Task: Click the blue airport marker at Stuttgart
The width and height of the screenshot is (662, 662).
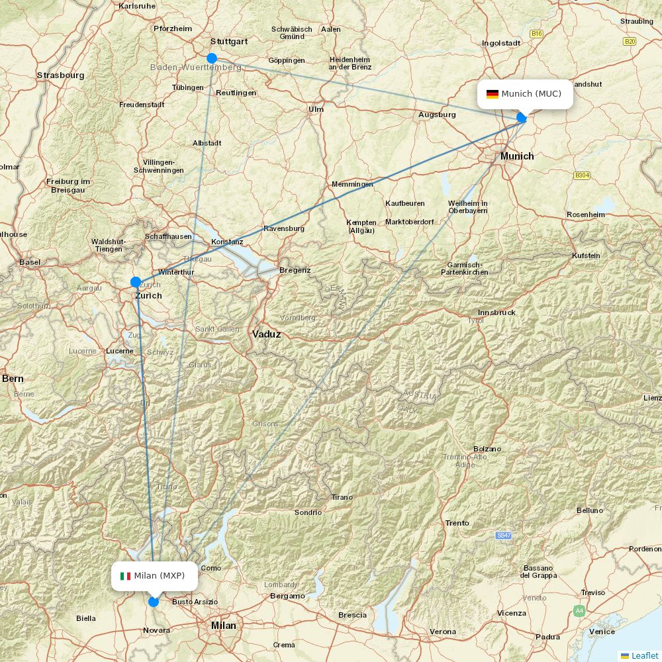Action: tap(212, 58)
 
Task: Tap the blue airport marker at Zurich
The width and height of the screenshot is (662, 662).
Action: tap(136, 282)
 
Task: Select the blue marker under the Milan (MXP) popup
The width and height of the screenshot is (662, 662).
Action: tap(154, 602)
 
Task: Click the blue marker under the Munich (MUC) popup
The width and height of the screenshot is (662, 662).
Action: tap(522, 118)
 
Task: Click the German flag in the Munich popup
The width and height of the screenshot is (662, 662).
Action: tap(492, 94)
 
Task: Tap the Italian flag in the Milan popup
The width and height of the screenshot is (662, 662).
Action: tap(125, 576)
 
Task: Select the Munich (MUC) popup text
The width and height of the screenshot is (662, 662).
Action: tap(531, 94)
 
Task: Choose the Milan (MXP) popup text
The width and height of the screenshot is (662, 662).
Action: tap(159, 576)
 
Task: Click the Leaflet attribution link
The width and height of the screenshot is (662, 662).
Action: tap(644, 655)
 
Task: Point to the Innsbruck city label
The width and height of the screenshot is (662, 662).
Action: tap(496, 312)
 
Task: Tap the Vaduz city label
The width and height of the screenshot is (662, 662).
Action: tap(266, 334)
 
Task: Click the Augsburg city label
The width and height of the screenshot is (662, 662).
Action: tap(437, 115)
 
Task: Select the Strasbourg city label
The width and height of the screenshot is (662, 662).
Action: tap(60, 75)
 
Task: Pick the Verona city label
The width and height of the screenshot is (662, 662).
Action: tap(442, 632)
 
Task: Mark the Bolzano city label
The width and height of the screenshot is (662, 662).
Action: tap(487, 449)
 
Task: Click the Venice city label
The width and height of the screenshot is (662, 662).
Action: tap(602, 632)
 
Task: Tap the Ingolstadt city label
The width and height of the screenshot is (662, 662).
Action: tap(501, 43)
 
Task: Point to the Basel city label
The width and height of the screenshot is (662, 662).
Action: tap(30, 262)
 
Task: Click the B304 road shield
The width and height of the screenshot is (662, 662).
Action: tap(582, 175)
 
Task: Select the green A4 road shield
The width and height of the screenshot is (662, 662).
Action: tap(579, 610)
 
